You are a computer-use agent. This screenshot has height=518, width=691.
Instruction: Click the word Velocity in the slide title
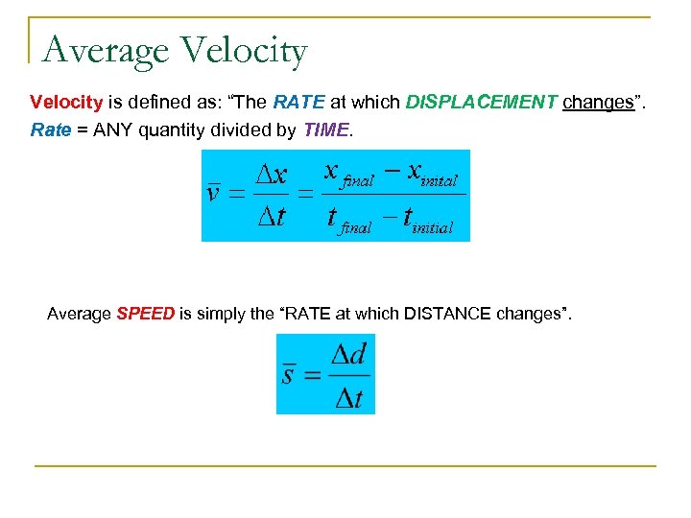point(243,50)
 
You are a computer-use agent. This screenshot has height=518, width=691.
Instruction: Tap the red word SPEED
point(145,314)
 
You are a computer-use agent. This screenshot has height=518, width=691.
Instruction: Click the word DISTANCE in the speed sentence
point(447,314)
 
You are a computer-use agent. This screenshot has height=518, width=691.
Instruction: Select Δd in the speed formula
point(348,355)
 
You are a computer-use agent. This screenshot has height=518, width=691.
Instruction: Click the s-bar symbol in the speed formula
point(289,373)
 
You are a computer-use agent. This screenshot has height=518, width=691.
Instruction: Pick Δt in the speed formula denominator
point(348,396)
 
